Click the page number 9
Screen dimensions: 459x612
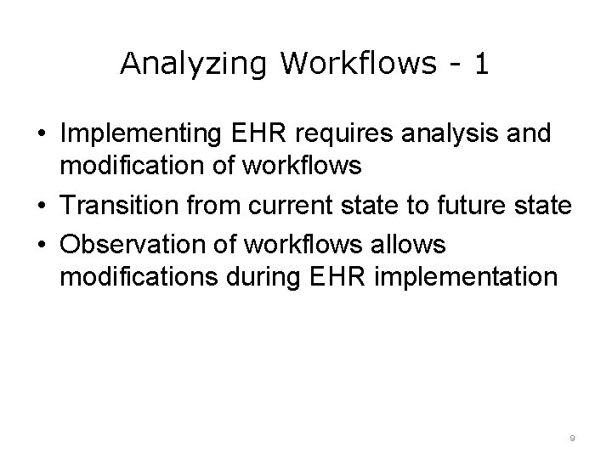click(572, 439)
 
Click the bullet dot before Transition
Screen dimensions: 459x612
click(41, 206)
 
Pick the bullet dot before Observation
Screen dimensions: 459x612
click(41, 246)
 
